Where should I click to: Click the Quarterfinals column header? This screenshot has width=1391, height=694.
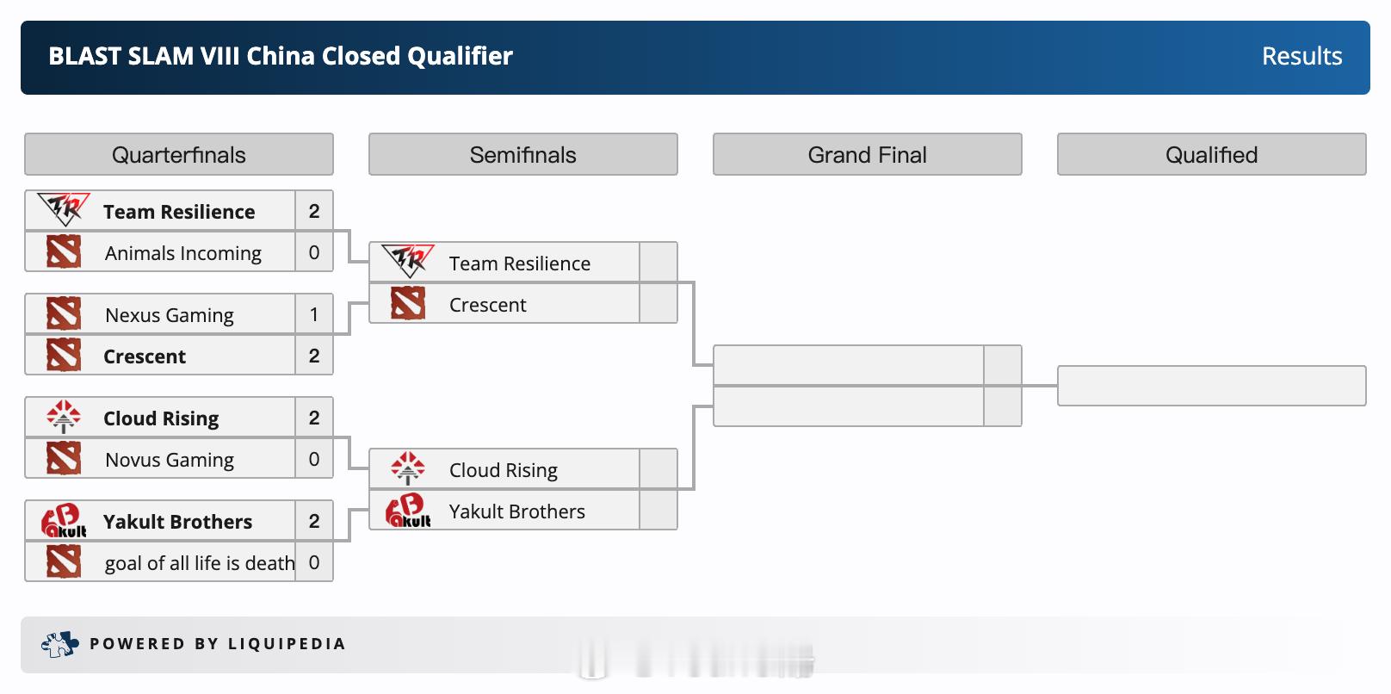point(179,154)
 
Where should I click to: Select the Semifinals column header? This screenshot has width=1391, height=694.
point(522,154)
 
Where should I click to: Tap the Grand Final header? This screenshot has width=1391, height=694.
point(868,154)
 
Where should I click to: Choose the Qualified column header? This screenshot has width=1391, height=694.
point(1212,154)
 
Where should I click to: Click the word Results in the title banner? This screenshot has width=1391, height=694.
point(1301,57)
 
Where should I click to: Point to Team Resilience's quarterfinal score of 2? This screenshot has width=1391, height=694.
point(314,211)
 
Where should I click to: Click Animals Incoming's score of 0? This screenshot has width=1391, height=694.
point(314,252)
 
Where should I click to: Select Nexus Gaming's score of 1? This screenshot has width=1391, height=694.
point(314,314)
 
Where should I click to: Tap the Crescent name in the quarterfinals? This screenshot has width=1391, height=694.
point(145,356)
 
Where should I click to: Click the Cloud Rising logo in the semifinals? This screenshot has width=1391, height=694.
point(408,469)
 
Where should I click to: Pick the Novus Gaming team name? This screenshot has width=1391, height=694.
point(170,461)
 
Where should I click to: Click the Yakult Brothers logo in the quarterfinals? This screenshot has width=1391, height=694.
point(64,521)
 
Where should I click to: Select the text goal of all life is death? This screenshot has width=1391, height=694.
point(200,563)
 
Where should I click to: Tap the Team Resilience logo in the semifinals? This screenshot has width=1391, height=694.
point(408,261)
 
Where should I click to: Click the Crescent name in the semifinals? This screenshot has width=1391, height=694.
point(487,305)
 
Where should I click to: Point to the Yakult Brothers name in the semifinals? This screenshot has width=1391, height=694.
point(517,512)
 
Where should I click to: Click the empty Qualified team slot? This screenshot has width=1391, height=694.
point(1212,386)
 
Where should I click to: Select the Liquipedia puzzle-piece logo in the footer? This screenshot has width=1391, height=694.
point(59,644)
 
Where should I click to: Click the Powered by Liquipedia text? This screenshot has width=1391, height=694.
point(217,644)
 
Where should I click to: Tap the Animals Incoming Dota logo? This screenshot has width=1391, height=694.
point(64,251)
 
